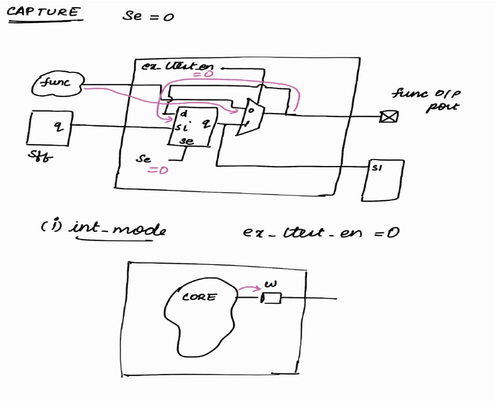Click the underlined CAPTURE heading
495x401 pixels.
44,12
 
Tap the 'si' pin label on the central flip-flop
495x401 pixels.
182,128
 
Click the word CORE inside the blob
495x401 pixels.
199,297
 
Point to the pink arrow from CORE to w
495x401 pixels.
250,288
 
